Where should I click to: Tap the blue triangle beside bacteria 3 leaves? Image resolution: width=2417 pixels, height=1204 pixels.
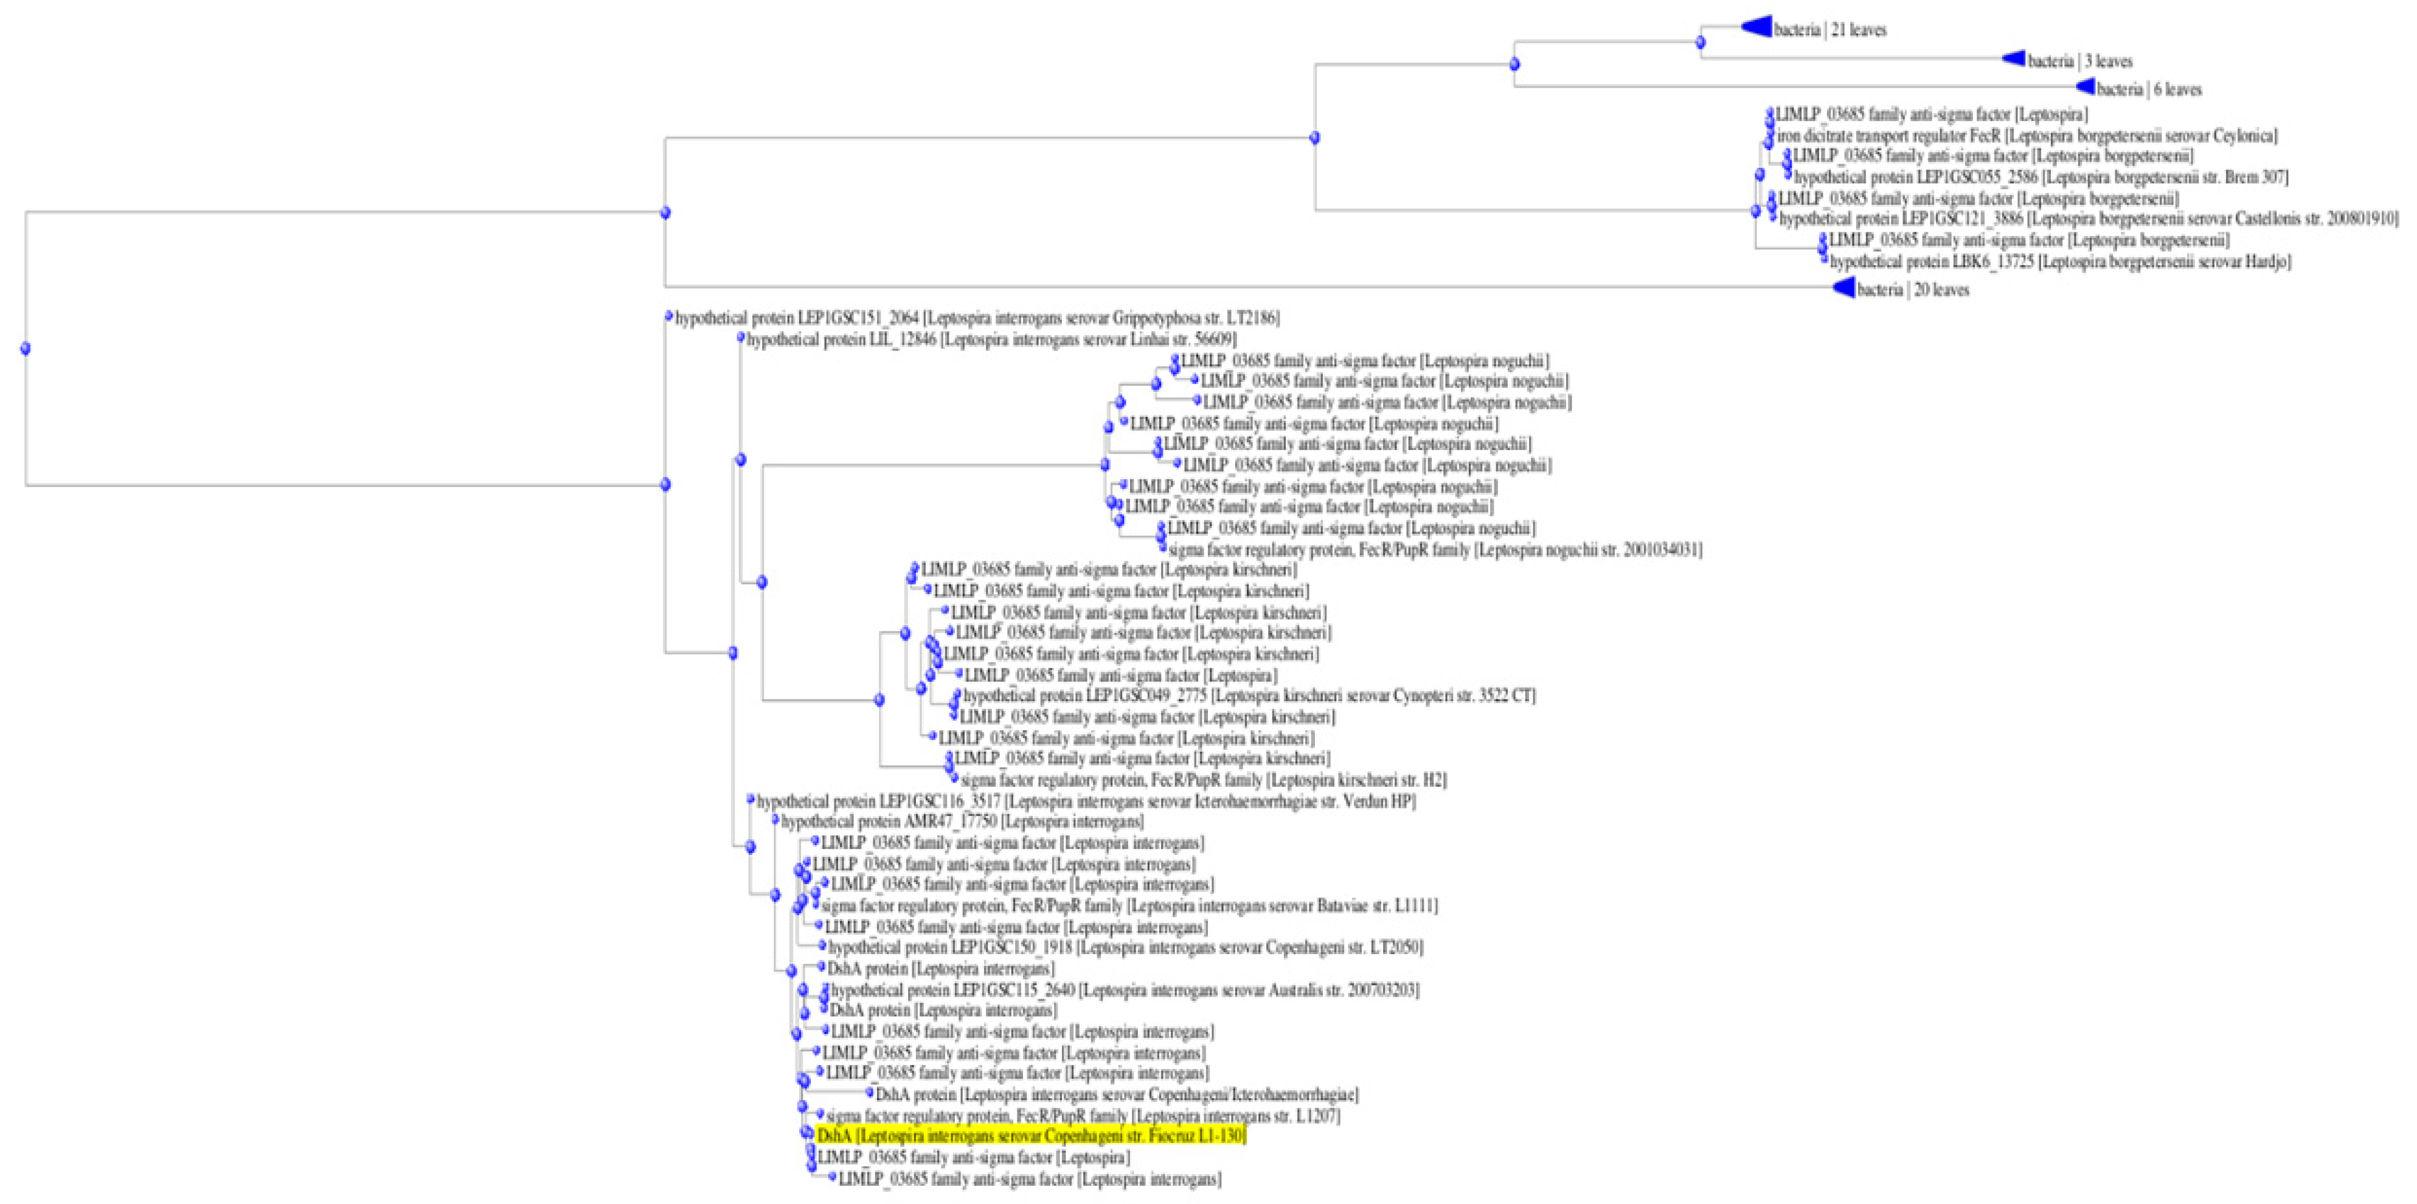point(2014,58)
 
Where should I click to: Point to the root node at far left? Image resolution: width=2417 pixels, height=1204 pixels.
point(26,348)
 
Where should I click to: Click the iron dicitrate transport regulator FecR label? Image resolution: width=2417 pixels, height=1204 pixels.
point(2027,136)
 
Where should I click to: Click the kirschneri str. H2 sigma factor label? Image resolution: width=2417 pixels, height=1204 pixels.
point(1203,780)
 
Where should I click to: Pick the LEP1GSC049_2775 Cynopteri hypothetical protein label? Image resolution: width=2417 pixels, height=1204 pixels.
point(1249,696)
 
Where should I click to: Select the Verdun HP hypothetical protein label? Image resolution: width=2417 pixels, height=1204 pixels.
point(1086,801)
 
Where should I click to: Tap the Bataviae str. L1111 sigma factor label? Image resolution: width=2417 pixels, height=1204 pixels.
point(1129,905)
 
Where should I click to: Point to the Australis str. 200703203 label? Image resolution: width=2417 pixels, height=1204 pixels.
point(1124,990)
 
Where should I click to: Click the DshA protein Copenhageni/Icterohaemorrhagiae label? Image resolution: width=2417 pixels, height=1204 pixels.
point(1117,1094)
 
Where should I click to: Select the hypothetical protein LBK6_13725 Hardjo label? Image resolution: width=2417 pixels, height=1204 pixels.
point(2059,262)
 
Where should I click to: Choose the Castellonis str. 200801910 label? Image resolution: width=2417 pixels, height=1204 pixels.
point(2088,219)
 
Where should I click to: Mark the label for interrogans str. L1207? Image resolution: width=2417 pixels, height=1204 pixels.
point(1083,1116)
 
